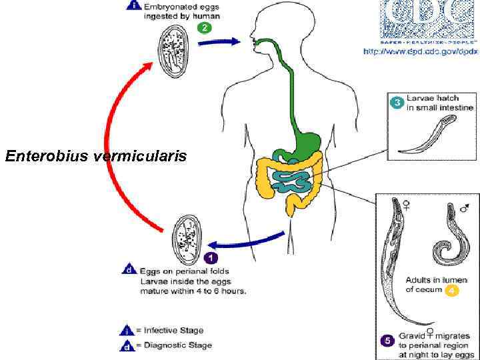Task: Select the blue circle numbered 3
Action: click(x=396, y=103)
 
